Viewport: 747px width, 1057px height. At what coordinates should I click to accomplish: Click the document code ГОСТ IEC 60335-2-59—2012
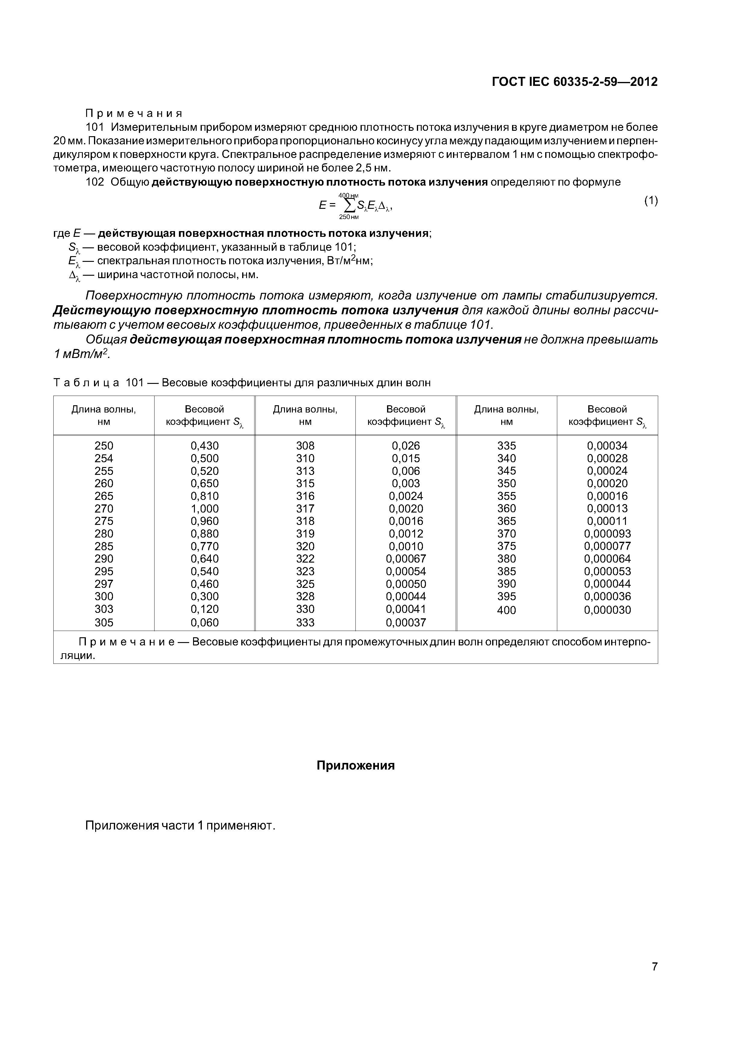(x=574, y=82)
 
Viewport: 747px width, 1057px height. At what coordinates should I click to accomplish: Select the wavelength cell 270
(x=104, y=509)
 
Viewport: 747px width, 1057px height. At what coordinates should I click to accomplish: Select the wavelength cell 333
(x=305, y=623)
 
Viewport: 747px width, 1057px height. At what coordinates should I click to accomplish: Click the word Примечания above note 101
(x=134, y=113)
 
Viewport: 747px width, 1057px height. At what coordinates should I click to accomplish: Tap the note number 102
(x=95, y=182)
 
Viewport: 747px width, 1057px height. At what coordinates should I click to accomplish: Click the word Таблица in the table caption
(x=86, y=383)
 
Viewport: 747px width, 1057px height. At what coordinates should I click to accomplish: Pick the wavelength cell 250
(x=104, y=446)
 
